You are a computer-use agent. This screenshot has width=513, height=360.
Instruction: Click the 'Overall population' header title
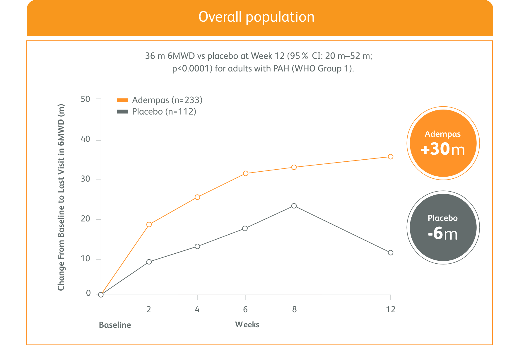256,17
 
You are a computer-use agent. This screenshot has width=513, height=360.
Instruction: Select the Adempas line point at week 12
390,157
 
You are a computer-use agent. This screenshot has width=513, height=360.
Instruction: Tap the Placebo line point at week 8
294,206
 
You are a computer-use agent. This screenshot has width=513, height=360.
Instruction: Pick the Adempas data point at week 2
149,225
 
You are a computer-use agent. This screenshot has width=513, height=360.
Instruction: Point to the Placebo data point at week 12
390,252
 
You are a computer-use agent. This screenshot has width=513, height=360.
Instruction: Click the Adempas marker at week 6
246,173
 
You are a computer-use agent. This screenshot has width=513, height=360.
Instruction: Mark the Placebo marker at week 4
197,246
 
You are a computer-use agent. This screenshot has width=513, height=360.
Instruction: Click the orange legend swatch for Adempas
122,100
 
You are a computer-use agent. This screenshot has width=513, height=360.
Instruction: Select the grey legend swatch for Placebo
122,112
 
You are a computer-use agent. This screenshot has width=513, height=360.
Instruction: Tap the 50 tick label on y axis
85,99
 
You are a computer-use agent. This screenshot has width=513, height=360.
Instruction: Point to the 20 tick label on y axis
85,219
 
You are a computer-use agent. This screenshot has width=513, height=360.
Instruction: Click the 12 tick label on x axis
391,309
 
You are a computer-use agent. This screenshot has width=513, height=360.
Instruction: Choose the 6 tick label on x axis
245,309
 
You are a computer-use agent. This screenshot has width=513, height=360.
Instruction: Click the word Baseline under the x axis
115,325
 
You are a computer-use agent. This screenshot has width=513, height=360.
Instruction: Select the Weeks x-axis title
247,325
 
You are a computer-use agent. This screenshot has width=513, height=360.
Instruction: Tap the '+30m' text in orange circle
443,149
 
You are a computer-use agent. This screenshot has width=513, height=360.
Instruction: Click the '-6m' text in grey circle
442,234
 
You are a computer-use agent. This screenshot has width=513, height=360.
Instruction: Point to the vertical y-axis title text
61,197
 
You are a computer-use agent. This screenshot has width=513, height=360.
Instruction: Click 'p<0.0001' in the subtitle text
192,69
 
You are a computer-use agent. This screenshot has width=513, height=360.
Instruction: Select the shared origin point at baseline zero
101,295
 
